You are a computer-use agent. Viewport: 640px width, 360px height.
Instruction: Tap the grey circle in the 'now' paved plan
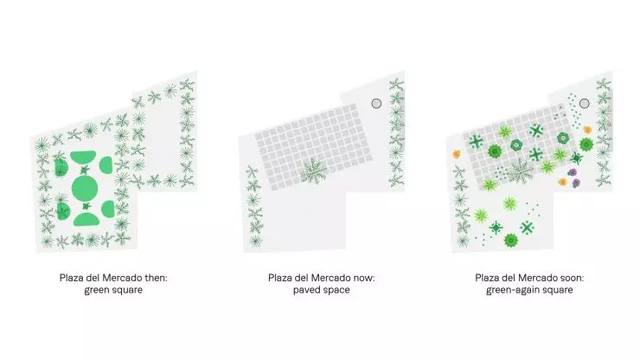tap(376, 103)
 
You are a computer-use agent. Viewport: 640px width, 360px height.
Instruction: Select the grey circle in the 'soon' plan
tap(585, 103)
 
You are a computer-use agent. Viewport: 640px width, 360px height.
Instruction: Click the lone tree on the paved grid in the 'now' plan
tap(313, 170)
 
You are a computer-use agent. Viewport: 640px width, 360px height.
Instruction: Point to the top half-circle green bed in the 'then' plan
tap(83, 156)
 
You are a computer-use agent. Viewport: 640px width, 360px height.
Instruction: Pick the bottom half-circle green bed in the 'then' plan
tap(86, 220)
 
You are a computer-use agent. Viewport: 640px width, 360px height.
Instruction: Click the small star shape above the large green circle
tap(85, 170)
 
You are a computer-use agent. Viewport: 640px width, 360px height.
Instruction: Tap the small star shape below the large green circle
tap(86, 206)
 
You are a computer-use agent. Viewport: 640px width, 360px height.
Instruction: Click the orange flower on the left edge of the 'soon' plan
tap(457, 154)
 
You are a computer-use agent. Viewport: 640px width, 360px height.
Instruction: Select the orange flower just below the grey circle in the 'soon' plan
tap(587, 130)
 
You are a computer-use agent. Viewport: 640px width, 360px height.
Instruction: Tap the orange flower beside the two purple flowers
tap(563, 182)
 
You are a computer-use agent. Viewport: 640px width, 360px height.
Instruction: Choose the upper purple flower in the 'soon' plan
tap(573, 172)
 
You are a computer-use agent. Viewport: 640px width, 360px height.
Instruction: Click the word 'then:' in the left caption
tap(156, 278)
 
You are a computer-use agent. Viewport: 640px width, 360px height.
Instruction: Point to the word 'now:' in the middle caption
tap(363, 278)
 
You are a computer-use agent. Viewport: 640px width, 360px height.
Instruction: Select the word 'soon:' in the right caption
tap(573, 278)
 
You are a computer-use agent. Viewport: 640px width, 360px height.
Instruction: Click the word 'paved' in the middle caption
tap(306, 290)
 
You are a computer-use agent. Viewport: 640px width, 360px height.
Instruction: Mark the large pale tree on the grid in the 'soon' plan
tap(520, 170)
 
